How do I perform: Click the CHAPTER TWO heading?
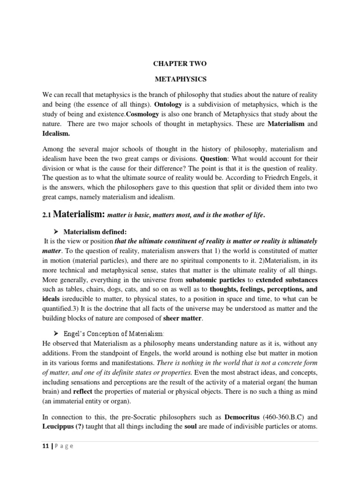pos(180,64)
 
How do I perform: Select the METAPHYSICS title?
pos(180,80)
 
